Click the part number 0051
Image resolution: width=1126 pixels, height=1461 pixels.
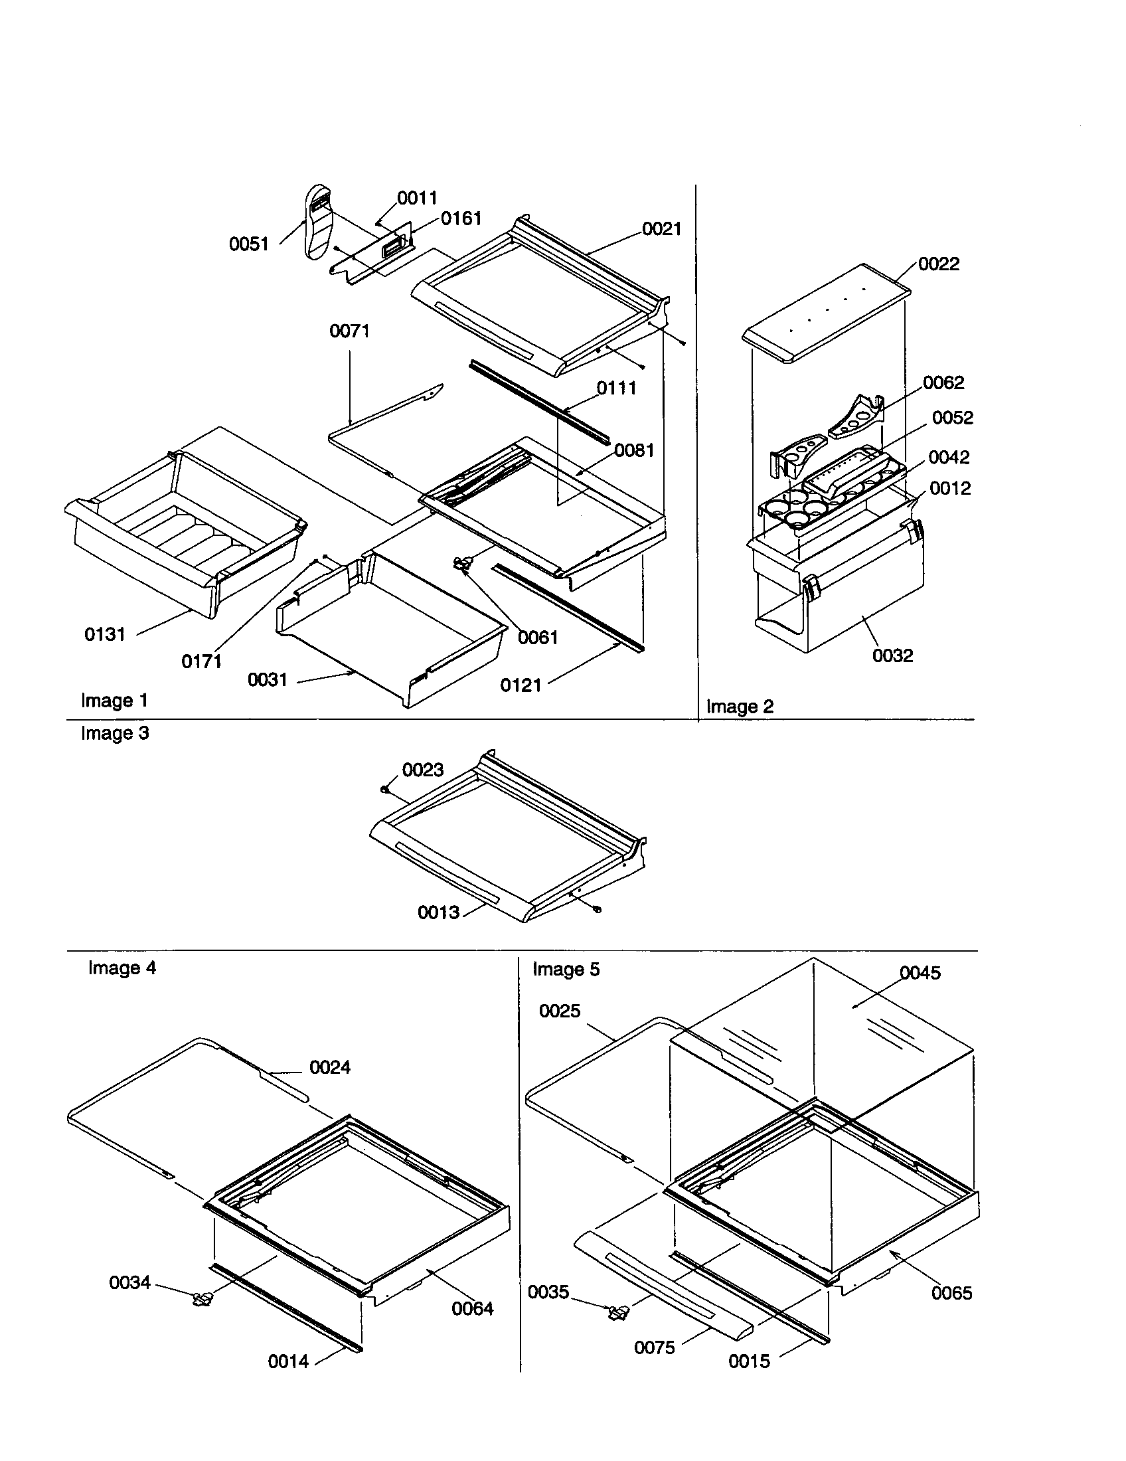249,244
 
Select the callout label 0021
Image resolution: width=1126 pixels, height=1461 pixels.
661,229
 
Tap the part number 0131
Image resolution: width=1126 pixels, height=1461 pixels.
105,634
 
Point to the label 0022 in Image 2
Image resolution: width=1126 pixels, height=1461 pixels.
938,264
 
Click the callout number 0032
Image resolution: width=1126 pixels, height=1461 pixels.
892,655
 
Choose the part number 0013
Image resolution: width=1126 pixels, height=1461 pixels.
438,912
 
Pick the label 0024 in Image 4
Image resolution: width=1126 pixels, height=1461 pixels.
330,1067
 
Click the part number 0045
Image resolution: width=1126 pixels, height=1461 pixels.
920,973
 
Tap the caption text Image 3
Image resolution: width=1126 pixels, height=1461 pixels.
115,733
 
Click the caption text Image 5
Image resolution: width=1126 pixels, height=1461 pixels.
566,970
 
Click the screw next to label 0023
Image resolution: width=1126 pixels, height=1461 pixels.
386,790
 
